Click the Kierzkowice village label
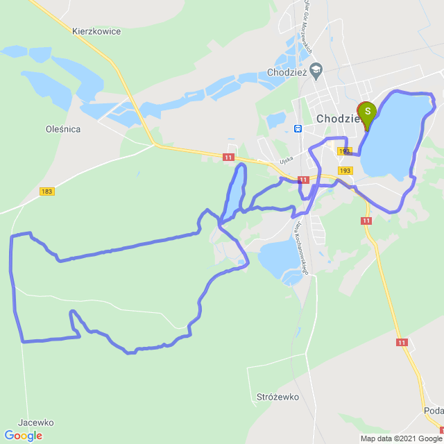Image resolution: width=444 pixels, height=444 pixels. [96, 31]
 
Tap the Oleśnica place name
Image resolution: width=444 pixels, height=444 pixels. [63, 129]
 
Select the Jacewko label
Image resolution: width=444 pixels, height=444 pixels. [36, 422]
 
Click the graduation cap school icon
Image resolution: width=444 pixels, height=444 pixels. [316, 69]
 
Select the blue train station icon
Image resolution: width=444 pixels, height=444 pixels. [298, 128]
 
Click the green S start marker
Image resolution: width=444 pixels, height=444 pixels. [366, 112]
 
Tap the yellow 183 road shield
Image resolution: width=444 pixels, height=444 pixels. [47, 191]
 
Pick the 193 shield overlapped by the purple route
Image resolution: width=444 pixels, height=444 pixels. [345, 151]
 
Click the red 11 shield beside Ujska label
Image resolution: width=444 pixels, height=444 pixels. [228, 158]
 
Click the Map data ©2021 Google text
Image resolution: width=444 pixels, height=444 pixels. [400, 438]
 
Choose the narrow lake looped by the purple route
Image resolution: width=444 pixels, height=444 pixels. [234, 193]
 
